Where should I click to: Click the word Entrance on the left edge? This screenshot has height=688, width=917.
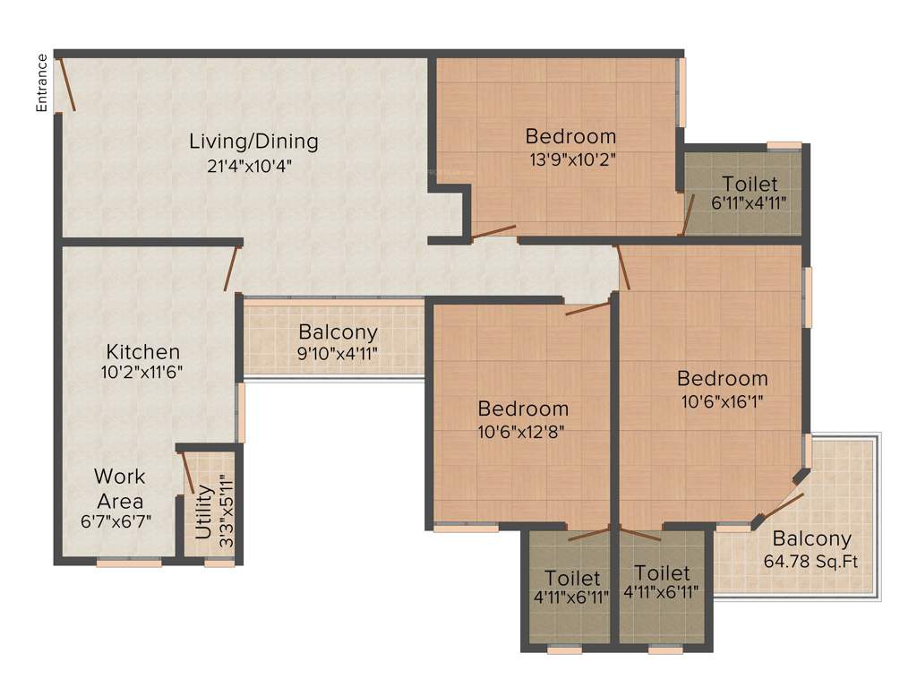pyautogui.click(x=41, y=82)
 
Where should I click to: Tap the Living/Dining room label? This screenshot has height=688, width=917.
pyautogui.click(x=253, y=142)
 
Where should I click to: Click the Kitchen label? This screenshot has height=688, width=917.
pyautogui.click(x=143, y=351)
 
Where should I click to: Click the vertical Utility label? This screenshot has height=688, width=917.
pyautogui.click(x=204, y=512)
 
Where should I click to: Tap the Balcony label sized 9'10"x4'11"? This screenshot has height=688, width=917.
pyautogui.click(x=338, y=331)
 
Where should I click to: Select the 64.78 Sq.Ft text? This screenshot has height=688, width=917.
pyautogui.click(x=812, y=562)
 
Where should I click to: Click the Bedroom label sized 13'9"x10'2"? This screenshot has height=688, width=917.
pyautogui.click(x=570, y=137)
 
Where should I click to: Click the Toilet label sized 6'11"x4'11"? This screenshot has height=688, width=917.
pyautogui.click(x=750, y=185)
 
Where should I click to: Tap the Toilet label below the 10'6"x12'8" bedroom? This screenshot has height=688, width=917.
pyautogui.click(x=572, y=579)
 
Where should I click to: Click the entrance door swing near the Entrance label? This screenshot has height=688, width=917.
pyautogui.click(x=67, y=85)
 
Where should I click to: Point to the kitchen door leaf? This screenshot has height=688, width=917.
pyautogui.click(x=232, y=268)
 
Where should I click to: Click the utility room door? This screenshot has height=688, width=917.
pyautogui.click(x=188, y=473)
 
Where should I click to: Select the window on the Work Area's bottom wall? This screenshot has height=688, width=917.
pyautogui.click(x=129, y=563)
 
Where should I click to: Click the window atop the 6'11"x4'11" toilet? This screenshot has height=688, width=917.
pyautogui.click(x=784, y=145)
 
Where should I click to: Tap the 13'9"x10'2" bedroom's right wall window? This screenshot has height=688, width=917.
pyautogui.click(x=681, y=92)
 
